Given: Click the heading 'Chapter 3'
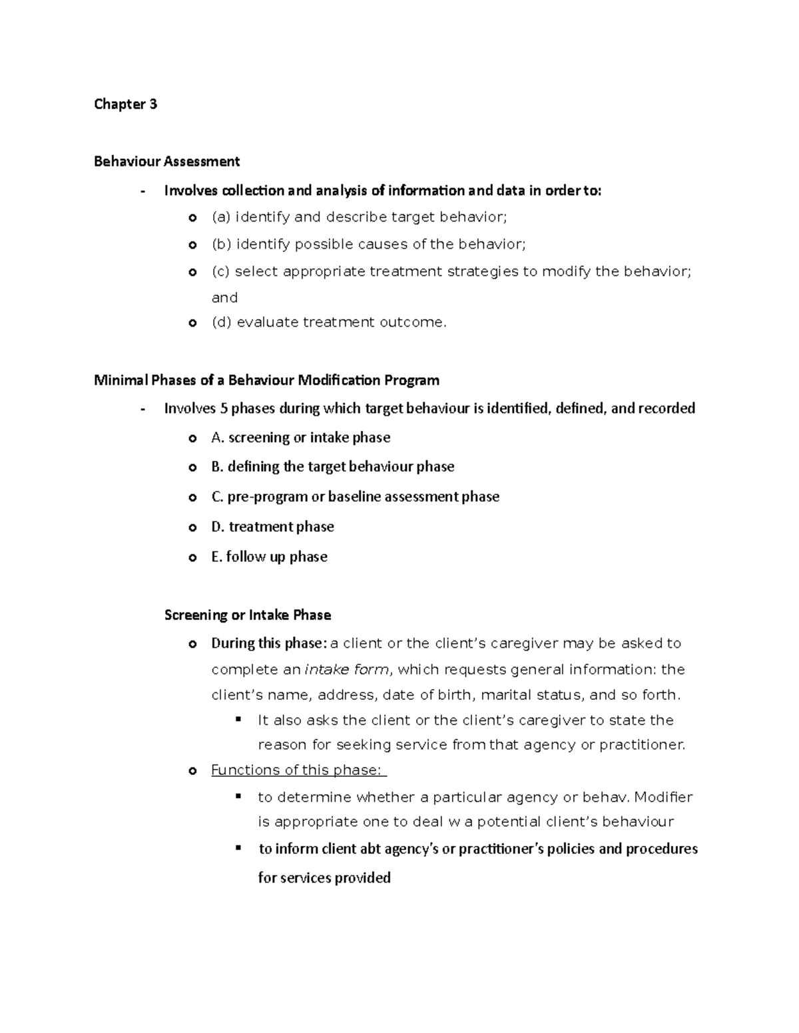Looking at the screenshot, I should coord(125,104).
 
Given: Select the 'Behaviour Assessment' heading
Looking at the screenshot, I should coord(166,161).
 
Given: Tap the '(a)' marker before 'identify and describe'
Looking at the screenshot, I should coord(221,217).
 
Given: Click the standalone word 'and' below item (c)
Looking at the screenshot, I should coord(224,297).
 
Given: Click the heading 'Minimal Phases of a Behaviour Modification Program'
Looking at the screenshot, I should coord(266,380).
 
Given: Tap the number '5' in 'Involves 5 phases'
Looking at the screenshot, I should coord(223,408).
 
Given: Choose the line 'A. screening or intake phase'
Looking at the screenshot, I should coord(300,438).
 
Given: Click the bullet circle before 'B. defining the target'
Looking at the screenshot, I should coord(192,468).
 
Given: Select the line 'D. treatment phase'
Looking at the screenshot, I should coord(272,527).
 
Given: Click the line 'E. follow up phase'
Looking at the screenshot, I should coord(269,557).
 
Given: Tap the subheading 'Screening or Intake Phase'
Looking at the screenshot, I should coord(247,615).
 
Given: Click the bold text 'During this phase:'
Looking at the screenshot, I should coord(269,643).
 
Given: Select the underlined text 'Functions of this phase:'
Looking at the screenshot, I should coord(298,770).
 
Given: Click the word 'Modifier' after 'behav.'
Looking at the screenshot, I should coord(663,797).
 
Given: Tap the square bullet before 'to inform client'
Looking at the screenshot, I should coord(238,849).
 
